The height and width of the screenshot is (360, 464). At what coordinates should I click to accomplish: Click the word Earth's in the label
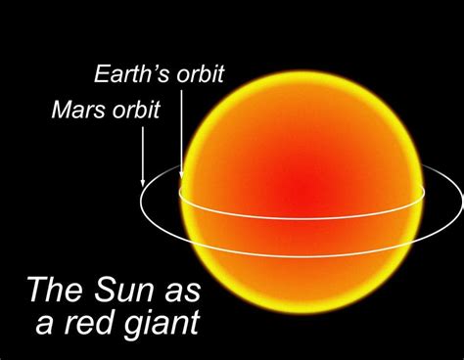[125, 73]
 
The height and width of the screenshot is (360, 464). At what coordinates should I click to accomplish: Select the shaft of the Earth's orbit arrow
[181, 132]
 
